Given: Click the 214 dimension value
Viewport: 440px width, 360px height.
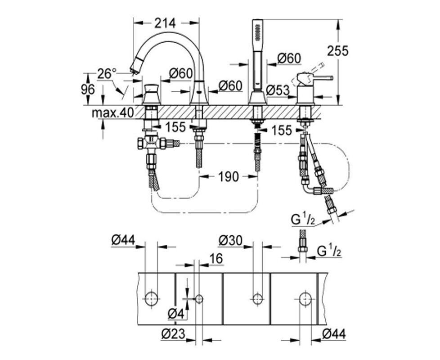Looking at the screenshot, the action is point(165,23).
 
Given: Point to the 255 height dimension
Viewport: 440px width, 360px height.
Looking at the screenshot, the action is point(337,51).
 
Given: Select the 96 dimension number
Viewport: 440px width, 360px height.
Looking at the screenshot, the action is point(88,90).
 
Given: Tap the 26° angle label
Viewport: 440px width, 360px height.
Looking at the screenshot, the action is point(107,74).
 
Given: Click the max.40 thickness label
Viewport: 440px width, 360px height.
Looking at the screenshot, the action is point(112,113).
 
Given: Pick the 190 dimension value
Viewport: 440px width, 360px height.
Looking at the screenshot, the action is point(229,177).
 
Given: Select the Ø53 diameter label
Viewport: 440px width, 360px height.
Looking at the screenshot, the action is point(277,90).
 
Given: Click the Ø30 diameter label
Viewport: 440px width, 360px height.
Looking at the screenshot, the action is point(230,240).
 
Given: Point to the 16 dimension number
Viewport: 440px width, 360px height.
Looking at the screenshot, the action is point(216,258).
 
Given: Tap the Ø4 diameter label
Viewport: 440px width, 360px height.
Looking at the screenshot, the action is point(176,314).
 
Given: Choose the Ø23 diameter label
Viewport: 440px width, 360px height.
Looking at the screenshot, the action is point(173,333).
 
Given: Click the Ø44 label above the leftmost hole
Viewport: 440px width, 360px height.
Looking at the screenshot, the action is point(123,240).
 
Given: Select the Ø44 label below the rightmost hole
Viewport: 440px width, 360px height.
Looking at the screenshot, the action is point(334,334).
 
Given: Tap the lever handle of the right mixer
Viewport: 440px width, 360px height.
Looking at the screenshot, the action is point(315,78).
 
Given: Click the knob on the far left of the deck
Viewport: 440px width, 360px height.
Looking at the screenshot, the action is point(152,94).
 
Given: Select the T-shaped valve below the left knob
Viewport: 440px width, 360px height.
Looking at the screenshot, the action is point(152,144).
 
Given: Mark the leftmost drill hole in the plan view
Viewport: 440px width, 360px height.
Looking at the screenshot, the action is point(152,298).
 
